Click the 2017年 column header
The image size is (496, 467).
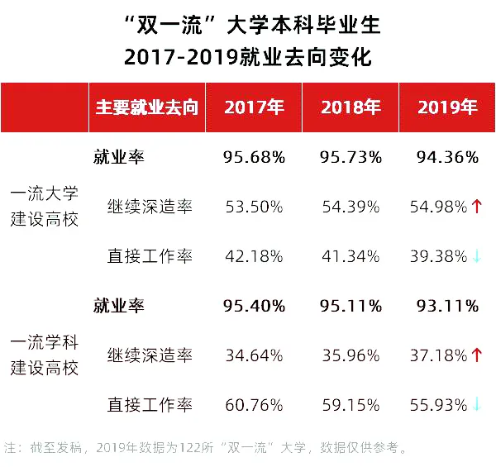[254, 107]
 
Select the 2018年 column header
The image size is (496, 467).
[351, 107]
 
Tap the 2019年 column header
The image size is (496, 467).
[447, 107]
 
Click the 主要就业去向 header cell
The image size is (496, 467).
[147, 107]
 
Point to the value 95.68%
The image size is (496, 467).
[254, 157]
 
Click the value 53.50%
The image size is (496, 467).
[254, 207]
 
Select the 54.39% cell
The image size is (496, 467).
[351, 207]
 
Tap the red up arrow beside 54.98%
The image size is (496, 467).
[477, 207]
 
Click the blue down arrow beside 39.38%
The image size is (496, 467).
[477, 256]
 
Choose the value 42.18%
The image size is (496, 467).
[254, 256]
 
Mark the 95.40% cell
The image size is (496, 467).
[254, 306]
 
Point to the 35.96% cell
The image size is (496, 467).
[351, 355]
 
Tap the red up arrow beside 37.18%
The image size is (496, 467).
[477, 355]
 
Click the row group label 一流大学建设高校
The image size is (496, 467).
[45, 207]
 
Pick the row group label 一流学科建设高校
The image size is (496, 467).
[45, 355]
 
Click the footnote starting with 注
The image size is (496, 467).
[207, 449]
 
